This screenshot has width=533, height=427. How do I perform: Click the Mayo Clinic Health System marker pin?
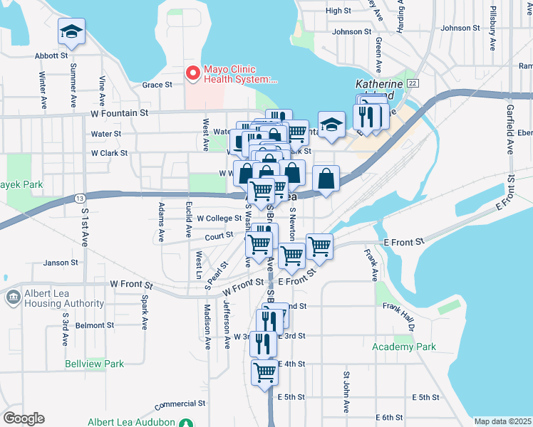(192, 73)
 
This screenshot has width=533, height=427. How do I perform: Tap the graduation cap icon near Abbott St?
(71, 31)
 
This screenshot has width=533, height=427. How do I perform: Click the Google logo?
(24, 418)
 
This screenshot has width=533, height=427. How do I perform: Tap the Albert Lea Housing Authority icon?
(13, 297)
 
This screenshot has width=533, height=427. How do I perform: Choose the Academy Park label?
(403, 347)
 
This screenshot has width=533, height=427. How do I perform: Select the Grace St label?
(157, 85)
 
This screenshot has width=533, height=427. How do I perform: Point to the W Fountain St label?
(119, 112)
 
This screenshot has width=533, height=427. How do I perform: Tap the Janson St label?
(61, 263)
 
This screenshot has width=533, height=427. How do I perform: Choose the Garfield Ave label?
(510, 130)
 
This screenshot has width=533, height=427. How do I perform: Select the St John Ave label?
(346, 391)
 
